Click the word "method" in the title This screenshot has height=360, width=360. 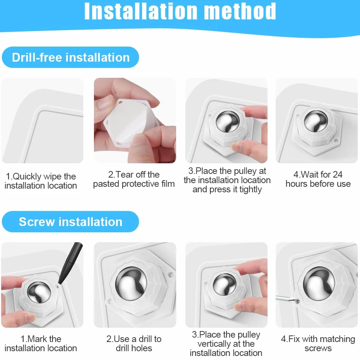tap(240, 11)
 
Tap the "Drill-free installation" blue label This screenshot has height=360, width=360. tap(70, 57)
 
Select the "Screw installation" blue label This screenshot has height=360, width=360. tap(70, 222)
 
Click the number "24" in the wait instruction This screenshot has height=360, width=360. tap(337, 174)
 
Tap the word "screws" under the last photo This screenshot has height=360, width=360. tap(318, 348)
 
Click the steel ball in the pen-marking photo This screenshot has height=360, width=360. tap(39, 292)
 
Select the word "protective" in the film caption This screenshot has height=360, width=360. tap(140, 184)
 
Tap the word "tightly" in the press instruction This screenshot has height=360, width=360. tap(251, 189)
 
